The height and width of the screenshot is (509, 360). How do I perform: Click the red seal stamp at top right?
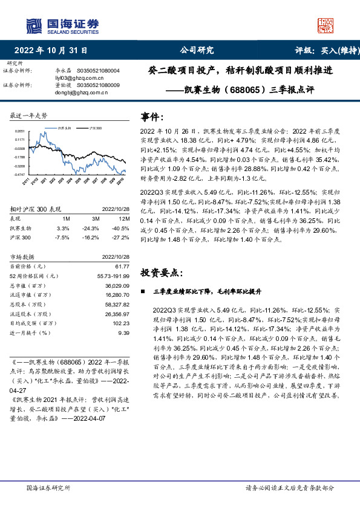pos(327,24)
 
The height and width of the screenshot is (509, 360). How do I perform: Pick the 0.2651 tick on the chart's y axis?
pos(19,131)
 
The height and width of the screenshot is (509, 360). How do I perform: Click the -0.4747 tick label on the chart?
pos(19,173)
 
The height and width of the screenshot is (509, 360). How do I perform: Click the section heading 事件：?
pos(152,117)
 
